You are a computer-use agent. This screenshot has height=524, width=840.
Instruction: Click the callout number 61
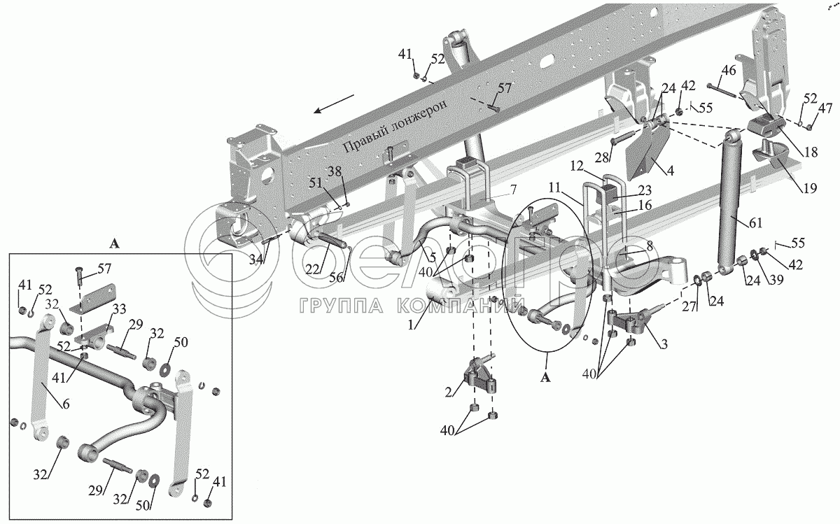point(755,223)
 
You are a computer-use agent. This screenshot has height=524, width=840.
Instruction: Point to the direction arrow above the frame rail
point(334,104)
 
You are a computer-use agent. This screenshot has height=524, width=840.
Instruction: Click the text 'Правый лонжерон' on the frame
point(395,127)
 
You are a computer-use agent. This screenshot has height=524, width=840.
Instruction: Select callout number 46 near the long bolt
point(729,70)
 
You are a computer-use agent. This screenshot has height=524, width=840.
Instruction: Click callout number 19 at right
point(809,187)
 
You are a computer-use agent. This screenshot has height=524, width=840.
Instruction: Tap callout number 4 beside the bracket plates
point(670,171)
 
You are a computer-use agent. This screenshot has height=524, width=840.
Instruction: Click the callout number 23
point(645,190)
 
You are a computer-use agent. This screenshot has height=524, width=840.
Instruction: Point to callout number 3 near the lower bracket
point(664,344)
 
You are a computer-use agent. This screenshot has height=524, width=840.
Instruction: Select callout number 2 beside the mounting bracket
point(449,392)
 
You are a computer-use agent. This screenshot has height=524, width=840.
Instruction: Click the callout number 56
point(337,277)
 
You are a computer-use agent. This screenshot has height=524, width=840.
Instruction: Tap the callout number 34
point(256,260)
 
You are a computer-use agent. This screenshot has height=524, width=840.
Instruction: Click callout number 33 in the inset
point(119,310)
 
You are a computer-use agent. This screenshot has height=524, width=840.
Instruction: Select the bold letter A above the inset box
point(114,244)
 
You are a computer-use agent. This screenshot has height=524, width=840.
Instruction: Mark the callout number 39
point(776,279)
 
